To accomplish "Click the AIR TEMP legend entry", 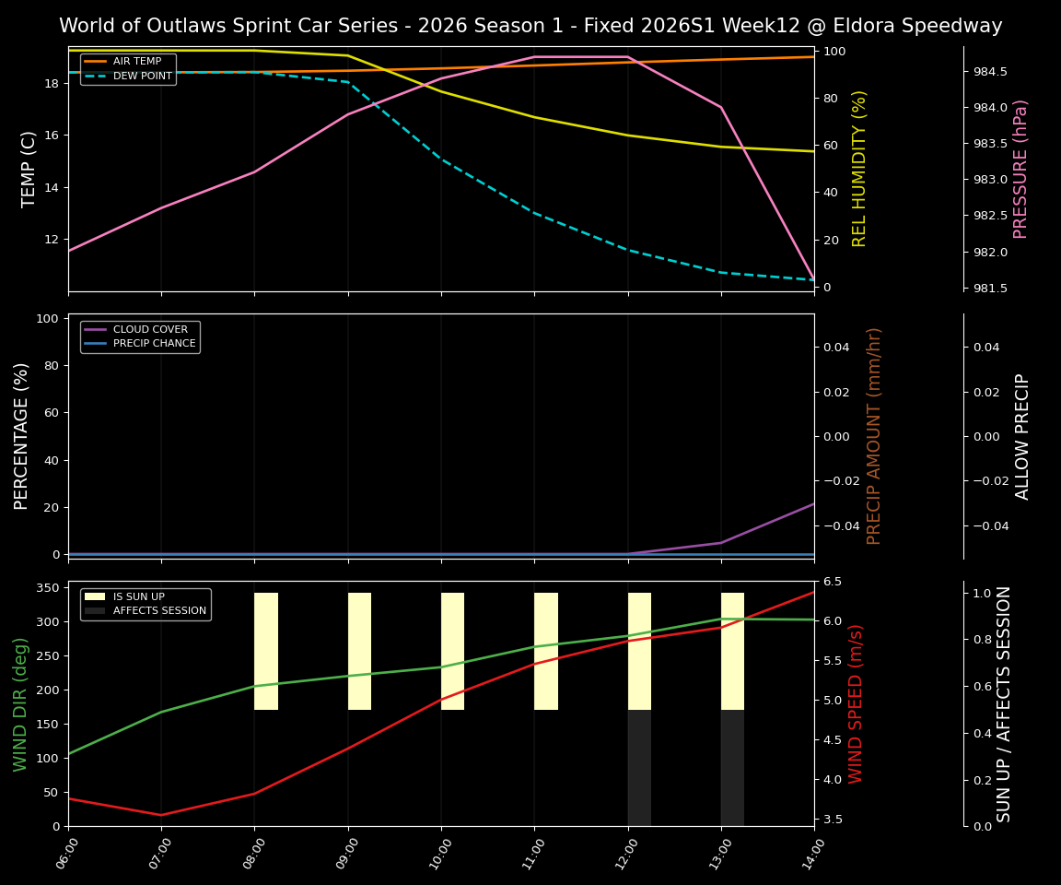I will click(136, 62).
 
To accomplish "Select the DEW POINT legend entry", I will click(142, 77).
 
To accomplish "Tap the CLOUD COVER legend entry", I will click(150, 329).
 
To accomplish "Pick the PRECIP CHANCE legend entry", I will click(154, 344).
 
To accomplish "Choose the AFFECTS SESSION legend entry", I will click(159, 610).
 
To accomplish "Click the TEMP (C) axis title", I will click(29, 169).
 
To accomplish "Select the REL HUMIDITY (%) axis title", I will click(859, 169).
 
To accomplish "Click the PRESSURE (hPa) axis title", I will click(1020, 169).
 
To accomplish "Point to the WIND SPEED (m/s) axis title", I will click(857, 703).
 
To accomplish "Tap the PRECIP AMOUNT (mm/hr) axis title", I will click(874, 436).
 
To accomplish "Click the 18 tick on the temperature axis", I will click(52, 84).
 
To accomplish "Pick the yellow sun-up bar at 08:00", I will click(266, 651).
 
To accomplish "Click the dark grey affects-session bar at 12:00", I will click(639, 768).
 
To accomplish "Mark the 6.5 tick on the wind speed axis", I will click(832, 582).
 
